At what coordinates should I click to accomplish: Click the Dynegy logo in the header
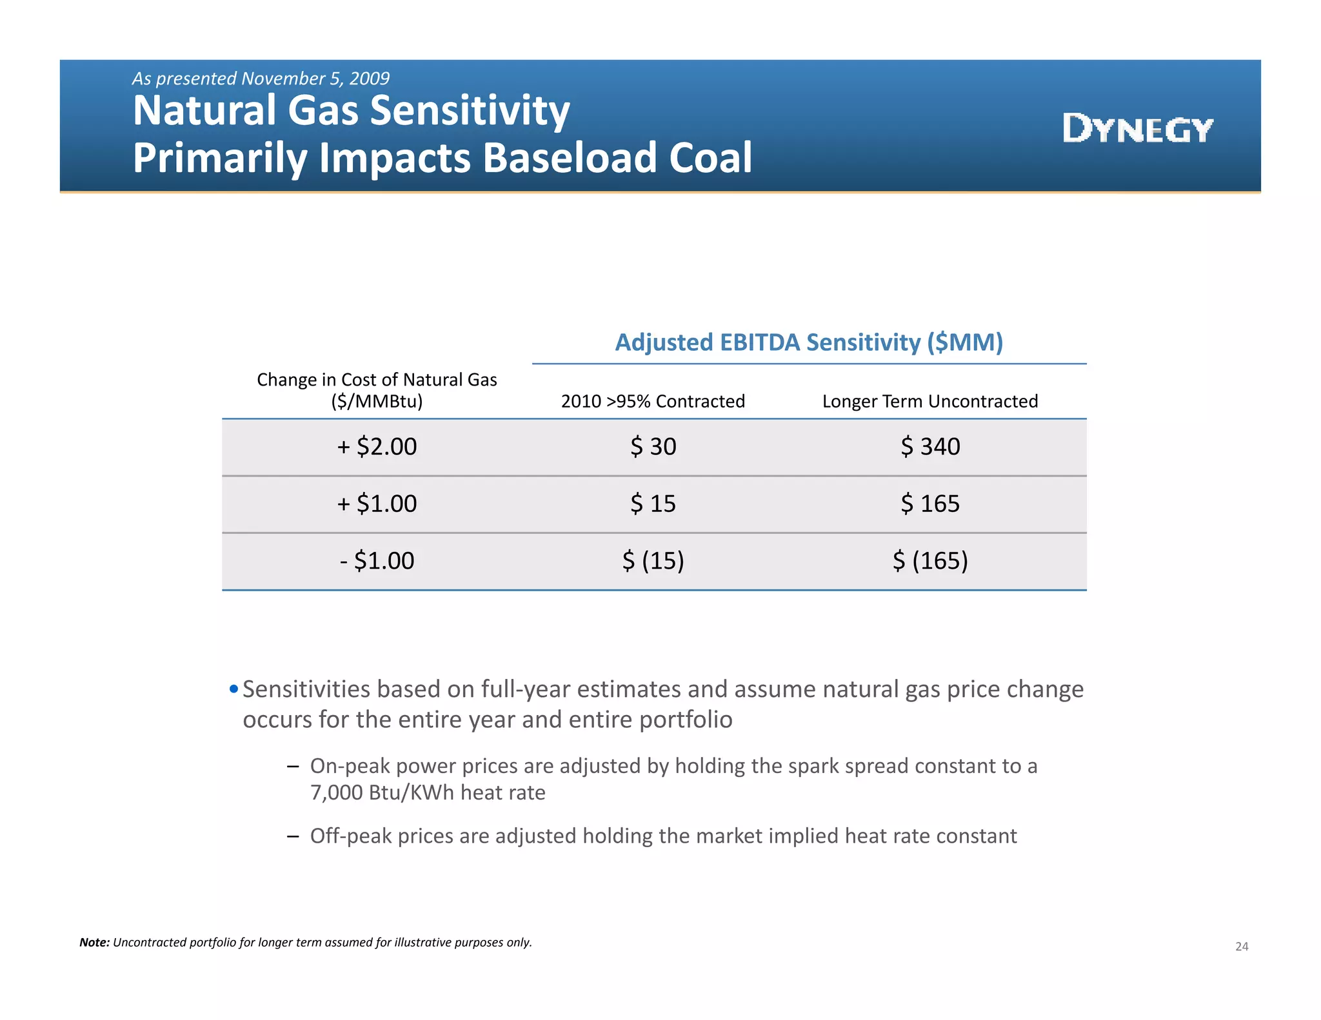coord(1137,129)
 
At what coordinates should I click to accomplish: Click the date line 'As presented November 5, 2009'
coord(261,79)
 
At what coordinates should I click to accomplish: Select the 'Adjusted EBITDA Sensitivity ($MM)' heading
coord(809,342)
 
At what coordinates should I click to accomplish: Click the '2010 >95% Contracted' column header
coord(653,402)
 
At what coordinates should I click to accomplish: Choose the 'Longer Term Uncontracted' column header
coord(929,402)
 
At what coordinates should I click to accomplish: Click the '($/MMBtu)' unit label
coord(377,402)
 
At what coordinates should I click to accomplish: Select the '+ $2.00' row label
coord(377,447)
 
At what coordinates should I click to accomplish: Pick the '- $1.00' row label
coord(377,561)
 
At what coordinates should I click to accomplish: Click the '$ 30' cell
coord(653,447)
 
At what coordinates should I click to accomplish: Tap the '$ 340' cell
coord(929,447)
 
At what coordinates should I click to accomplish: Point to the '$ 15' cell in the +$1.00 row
coord(653,504)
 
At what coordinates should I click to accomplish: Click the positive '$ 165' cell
coord(929,504)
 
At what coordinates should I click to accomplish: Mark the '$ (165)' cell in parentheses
coord(929,561)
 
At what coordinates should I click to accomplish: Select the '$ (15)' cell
coord(653,561)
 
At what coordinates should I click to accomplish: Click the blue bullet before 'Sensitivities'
coord(233,689)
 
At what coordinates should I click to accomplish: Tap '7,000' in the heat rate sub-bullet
coord(335,792)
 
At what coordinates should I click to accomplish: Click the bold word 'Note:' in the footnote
coord(94,943)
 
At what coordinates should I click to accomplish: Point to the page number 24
coord(1241,946)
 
